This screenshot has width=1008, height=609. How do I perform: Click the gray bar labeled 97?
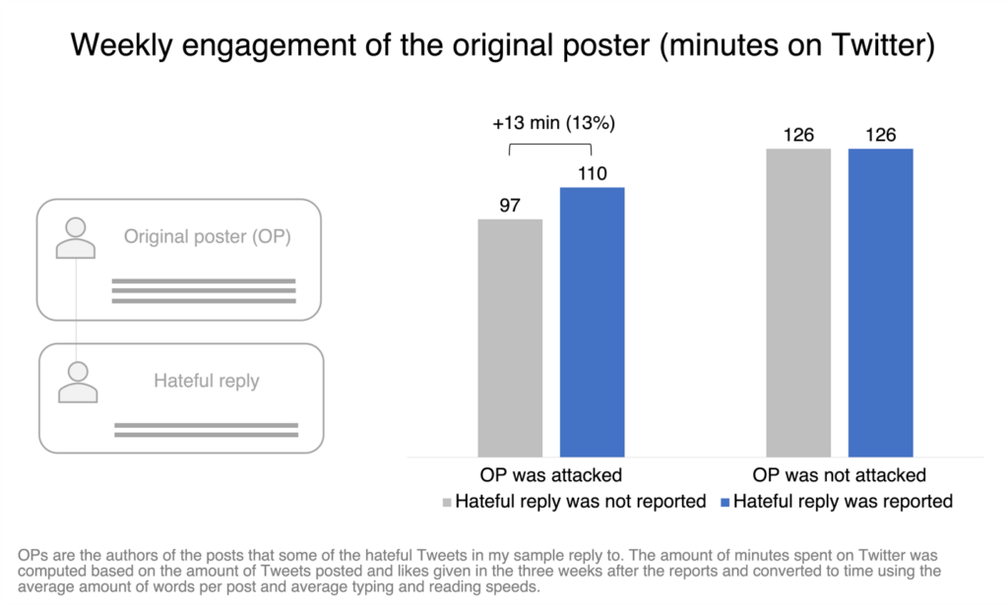(x=510, y=337)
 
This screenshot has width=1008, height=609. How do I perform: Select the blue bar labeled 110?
(x=592, y=322)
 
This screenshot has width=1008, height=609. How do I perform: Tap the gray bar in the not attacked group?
(x=798, y=303)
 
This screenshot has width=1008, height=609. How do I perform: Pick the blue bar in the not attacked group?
(x=881, y=303)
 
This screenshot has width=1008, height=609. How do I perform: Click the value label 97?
(x=510, y=206)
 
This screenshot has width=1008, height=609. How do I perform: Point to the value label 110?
(x=592, y=173)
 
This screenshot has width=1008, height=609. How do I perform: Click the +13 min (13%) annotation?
(x=553, y=123)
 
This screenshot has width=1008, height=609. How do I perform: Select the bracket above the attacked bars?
(x=550, y=146)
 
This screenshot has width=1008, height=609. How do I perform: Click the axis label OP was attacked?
(x=551, y=475)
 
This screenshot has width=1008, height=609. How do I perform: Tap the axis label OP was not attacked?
(x=840, y=475)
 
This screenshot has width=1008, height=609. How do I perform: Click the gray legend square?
(x=447, y=503)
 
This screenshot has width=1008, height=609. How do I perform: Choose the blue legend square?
(x=725, y=503)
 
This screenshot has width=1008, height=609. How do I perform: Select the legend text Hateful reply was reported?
(x=843, y=502)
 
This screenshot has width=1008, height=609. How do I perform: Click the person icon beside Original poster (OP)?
(x=75, y=238)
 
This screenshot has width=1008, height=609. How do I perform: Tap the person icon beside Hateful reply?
(x=78, y=383)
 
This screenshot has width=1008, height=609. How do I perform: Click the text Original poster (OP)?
(x=207, y=236)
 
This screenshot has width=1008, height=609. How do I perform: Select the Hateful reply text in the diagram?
(x=207, y=381)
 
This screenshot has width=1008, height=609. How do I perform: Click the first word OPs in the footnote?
(x=32, y=556)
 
